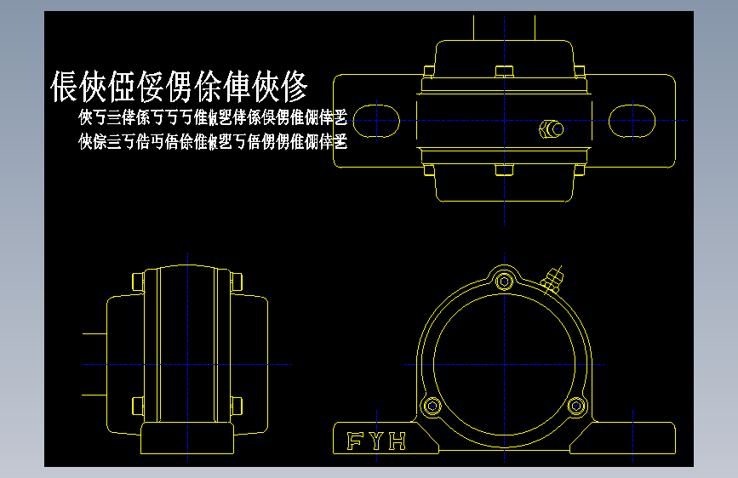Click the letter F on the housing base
pyautogui.click(x=354, y=441)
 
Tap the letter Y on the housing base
pyautogui.click(x=375, y=441)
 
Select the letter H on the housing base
pyautogui.click(x=398, y=441)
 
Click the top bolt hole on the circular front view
pyautogui.click(x=506, y=280)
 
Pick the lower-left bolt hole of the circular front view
pyautogui.click(x=433, y=406)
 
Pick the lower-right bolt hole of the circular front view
pyautogui.click(x=578, y=406)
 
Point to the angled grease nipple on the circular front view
pyautogui.click(x=553, y=277)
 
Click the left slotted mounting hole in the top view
pyautogui.click(x=375, y=119)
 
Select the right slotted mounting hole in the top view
pyautogui.click(x=633, y=119)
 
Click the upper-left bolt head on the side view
pyautogui.click(x=137, y=281)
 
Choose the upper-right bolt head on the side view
pyautogui.click(x=236, y=281)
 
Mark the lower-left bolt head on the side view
pyautogui.click(x=137, y=404)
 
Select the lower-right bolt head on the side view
pyautogui.click(x=236, y=404)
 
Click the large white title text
pyautogui.click(x=179, y=86)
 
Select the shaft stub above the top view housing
pyautogui.click(x=505, y=27)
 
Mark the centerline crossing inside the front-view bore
pyautogui.click(x=506, y=364)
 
